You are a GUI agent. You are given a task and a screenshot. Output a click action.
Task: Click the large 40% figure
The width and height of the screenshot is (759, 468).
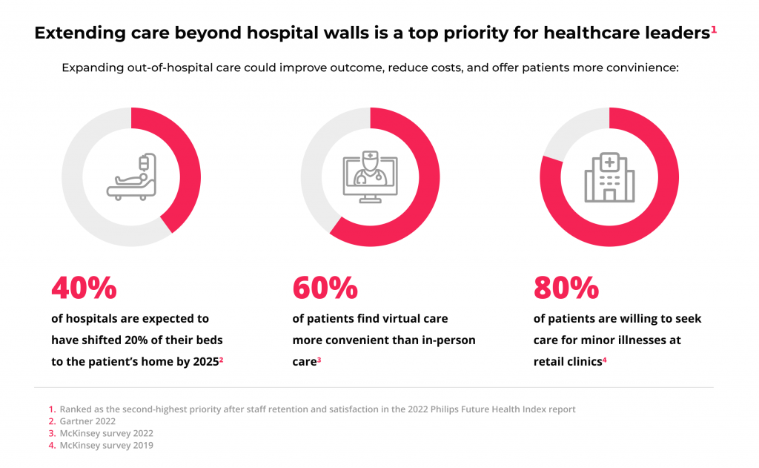coord(84,288)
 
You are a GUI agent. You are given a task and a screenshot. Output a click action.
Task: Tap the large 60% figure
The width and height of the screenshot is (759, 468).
coord(325,288)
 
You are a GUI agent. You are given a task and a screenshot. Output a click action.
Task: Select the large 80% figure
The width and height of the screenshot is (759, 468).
coord(566,288)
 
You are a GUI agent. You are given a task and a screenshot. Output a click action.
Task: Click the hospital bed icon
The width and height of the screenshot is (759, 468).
coord(132,177)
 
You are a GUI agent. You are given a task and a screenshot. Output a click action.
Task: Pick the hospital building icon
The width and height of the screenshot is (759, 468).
coord(609,177)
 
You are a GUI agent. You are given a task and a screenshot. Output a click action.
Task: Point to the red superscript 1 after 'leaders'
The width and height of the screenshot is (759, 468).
coord(714,30)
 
